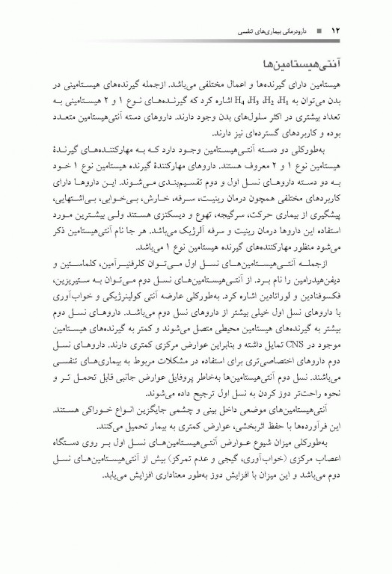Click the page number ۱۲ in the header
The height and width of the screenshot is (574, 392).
click(x=336, y=31)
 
